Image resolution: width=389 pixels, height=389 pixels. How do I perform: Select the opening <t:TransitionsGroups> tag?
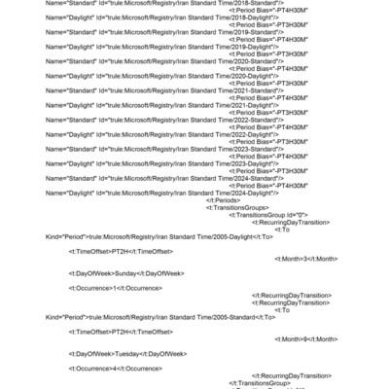coord(236,208)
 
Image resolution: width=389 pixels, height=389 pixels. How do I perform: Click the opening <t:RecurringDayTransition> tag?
coord(292,223)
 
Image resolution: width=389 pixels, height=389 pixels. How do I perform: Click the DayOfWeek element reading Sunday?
coord(125,273)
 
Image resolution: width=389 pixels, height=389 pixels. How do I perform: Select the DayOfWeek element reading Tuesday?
coord(127,353)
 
